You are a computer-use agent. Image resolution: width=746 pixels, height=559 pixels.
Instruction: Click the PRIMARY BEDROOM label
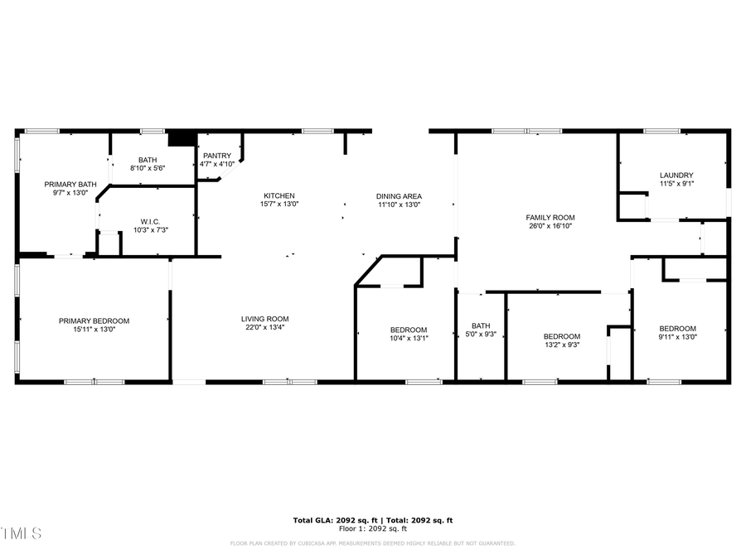pyautogui.click(x=94, y=320)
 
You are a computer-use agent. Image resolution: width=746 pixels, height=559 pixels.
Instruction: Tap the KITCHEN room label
pyautogui.click(x=279, y=195)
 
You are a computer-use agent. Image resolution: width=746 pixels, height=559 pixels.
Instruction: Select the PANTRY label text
pyautogui.click(x=217, y=156)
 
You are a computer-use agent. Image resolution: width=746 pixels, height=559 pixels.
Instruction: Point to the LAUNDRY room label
pyautogui.click(x=677, y=175)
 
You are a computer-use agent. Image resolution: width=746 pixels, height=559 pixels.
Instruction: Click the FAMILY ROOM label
pyautogui.click(x=550, y=217)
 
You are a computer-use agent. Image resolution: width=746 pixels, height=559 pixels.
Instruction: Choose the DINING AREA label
pyautogui.click(x=400, y=196)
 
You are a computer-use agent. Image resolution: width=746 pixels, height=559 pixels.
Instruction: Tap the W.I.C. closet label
pyautogui.click(x=150, y=221)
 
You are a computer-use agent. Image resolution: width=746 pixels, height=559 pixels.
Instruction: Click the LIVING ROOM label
pyautogui.click(x=264, y=319)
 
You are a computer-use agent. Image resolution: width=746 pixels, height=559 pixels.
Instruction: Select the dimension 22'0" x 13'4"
pyautogui.click(x=264, y=327)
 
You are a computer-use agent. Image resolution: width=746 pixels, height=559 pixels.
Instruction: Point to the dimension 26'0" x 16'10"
pyautogui.click(x=550, y=225)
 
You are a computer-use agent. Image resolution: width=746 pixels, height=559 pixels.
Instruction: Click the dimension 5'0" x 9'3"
pyautogui.click(x=481, y=334)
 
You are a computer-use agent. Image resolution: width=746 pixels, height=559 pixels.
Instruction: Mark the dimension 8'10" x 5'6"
pyautogui.click(x=148, y=168)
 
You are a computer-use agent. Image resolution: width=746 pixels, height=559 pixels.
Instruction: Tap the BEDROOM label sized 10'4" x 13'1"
pyautogui.click(x=409, y=330)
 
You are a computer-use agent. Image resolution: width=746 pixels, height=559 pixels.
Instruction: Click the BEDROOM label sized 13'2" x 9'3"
pyautogui.click(x=561, y=336)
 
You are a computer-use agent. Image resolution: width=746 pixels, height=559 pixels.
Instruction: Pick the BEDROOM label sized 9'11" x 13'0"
pyautogui.click(x=677, y=328)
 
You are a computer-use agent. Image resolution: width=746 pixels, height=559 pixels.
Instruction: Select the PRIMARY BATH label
pyautogui.click(x=70, y=184)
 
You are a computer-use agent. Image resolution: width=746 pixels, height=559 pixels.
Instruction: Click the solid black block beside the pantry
pyautogui.click(x=182, y=139)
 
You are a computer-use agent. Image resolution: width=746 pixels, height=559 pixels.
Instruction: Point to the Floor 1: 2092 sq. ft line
pyautogui.click(x=372, y=528)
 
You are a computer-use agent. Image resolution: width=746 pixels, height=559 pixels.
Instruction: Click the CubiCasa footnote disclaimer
pyautogui.click(x=372, y=543)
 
